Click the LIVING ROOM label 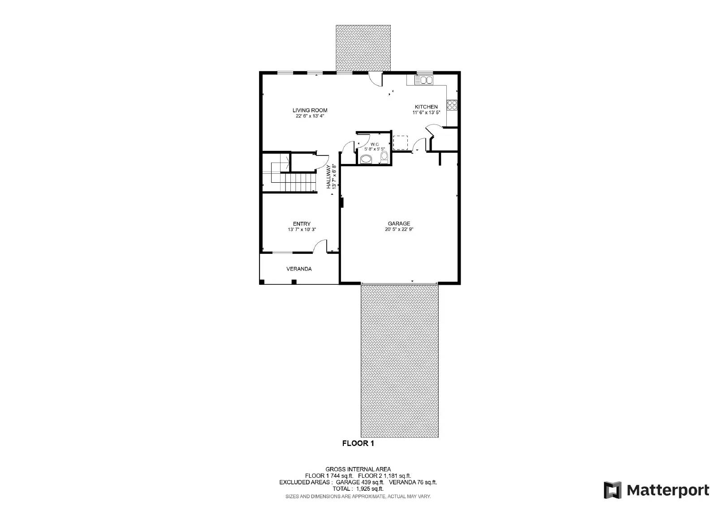pyautogui.click(x=310, y=110)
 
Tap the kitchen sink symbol pyautogui.click(x=423, y=80)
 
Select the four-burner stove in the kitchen pyautogui.click(x=452, y=105)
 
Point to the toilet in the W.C pyautogui.click(x=384, y=157)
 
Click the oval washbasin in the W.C pyautogui.click(x=366, y=159)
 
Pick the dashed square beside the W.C pyautogui.click(x=400, y=143)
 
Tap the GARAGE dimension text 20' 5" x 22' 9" pyautogui.click(x=399, y=229)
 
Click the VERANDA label pyautogui.click(x=299, y=269)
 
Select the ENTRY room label pyautogui.click(x=302, y=224)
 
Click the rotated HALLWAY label pyautogui.click(x=328, y=176)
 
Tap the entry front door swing pyautogui.click(x=320, y=246)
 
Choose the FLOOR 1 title pyautogui.click(x=358, y=444)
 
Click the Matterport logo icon pyautogui.click(x=613, y=490)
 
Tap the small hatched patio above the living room pyautogui.click(x=363, y=48)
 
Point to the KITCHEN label pyautogui.click(x=426, y=107)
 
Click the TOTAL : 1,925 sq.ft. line pyautogui.click(x=358, y=489)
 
